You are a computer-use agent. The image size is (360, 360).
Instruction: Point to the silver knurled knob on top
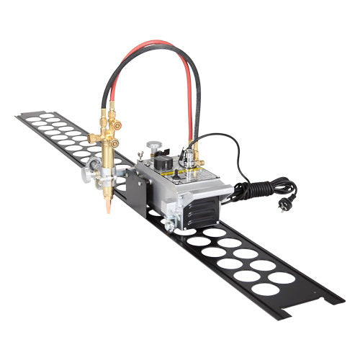[153, 146]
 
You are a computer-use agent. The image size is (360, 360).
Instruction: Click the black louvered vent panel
[202, 211]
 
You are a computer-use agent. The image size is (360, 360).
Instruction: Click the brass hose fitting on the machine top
[194, 153]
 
